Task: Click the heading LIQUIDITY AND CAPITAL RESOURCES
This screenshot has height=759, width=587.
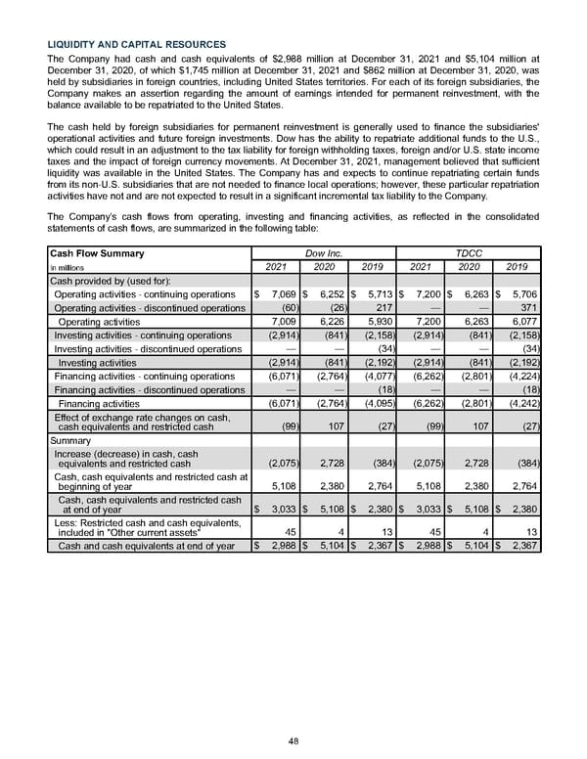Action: coord(137,44)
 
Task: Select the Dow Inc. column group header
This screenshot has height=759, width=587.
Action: coord(323,252)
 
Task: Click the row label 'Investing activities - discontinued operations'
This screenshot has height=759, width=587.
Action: coord(147,348)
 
